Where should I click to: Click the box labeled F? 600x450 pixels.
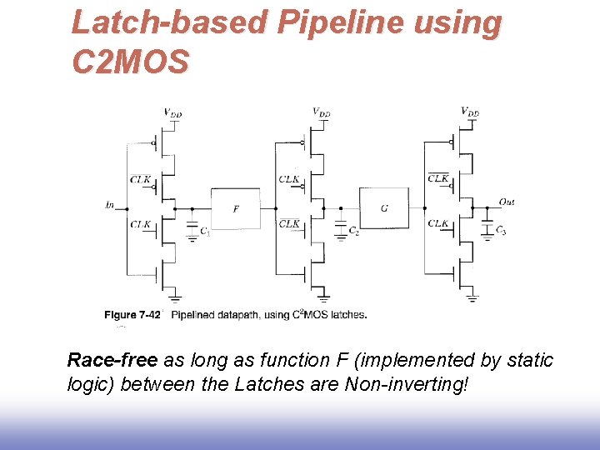tap(235, 208)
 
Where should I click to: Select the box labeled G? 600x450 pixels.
tap(383, 208)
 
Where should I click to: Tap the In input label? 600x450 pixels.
tap(110, 203)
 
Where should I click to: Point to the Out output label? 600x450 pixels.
tap(506, 202)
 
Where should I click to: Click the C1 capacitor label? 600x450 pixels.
tap(205, 232)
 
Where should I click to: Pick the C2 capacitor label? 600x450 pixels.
tap(354, 231)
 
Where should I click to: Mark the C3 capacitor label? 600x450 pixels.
tap(500, 230)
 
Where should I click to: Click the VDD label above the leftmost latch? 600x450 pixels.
tap(172, 112)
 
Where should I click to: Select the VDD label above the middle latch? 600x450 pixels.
tap(321, 111)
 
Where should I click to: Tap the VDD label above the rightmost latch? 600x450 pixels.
tap(470, 111)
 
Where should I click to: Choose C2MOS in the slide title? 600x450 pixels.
tap(131, 61)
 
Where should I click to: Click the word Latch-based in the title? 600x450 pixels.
tap(170, 23)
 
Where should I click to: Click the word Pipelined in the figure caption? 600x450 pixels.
tap(197, 315)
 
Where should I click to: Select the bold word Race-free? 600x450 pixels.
tap(112, 360)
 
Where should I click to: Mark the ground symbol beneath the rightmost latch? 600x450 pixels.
tap(472, 297)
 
